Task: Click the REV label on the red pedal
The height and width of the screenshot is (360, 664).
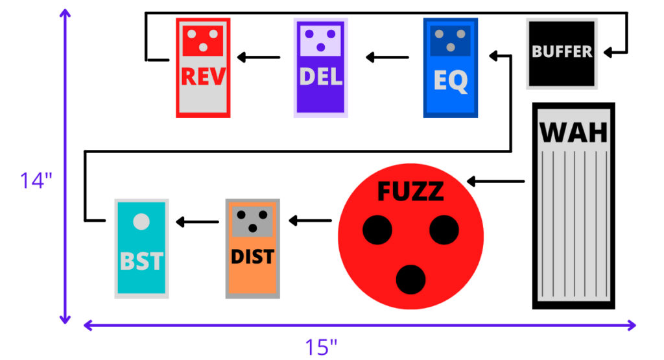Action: pos(203,77)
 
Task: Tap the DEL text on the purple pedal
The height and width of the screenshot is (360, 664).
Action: pos(320,77)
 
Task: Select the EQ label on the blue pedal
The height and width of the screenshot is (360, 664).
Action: pos(450,81)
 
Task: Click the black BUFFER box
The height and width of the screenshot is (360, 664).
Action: pos(562,52)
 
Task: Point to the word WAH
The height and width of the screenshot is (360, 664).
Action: pos(574,132)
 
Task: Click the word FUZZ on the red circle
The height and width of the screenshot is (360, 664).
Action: pos(410,191)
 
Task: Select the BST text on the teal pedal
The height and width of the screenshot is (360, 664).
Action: pos(141,261)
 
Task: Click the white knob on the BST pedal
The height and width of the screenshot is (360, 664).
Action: pos(141,221)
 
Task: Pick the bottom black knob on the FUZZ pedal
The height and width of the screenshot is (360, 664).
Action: pos(410,279)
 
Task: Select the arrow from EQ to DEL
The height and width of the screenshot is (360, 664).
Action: pos(387,57)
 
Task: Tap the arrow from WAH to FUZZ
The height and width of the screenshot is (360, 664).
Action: pos(495,182)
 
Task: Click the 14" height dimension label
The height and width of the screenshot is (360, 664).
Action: pos(35,180)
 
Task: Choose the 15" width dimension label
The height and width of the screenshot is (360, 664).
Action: pos(322,347)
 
